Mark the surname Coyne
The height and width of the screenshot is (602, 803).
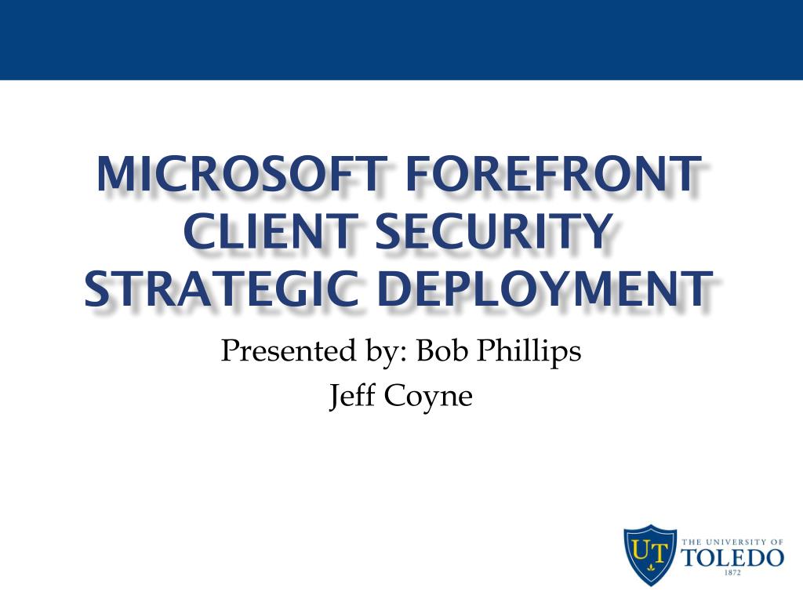point(428,397)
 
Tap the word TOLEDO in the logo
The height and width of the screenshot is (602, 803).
point(732,557)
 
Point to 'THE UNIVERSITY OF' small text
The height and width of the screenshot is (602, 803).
point(732,542)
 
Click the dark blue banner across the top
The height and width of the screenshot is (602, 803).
point(401,39)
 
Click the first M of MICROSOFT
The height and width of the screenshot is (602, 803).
point(114,174)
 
